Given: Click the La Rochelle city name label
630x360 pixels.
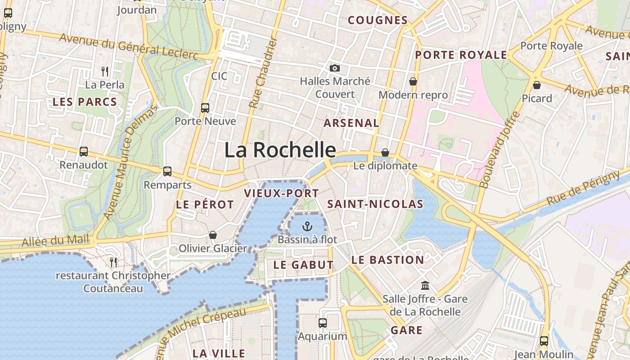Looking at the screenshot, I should (280, 150).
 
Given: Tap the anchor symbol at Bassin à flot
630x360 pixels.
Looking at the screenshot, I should (307, 226).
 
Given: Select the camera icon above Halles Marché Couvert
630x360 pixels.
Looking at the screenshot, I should (335, 68).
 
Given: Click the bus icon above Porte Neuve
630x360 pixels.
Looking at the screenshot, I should (205, 108).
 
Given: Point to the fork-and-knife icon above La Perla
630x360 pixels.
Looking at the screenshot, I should (105, 71).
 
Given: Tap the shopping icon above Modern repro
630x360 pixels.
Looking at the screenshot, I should (413, 81).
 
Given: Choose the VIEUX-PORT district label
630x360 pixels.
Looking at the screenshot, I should (281, 193).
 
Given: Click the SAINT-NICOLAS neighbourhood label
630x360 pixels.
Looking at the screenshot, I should (375, 204).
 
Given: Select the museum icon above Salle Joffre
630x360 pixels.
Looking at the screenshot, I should (425, 285).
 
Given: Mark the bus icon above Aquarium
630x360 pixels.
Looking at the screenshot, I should (323, 323).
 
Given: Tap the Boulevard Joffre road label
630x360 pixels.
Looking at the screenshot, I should (500, 150).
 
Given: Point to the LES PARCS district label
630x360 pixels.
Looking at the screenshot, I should (85, 102).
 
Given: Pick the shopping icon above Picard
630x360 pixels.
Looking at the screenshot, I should (536, 85).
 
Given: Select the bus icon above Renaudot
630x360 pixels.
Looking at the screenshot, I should (84, 152).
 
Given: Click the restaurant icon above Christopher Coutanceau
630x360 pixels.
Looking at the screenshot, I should (113, 261).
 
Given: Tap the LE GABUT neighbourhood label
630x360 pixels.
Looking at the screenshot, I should (303, 265).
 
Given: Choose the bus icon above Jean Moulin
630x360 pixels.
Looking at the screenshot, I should (544, 341).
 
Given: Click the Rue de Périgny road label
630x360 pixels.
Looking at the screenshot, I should (583, 188).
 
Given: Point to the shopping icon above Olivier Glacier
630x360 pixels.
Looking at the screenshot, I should (213, 235).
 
